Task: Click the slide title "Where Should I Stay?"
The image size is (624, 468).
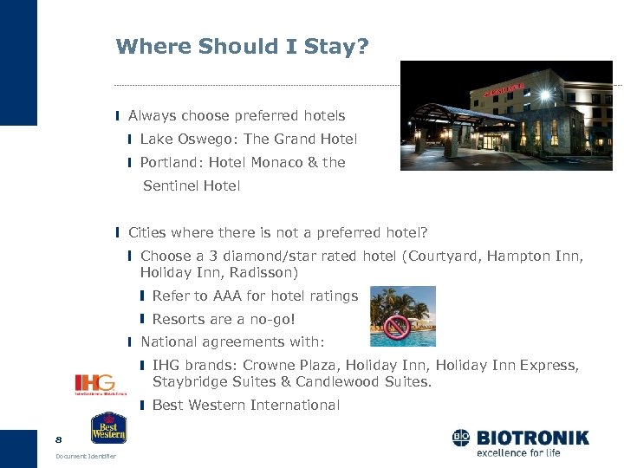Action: tap(242, 46)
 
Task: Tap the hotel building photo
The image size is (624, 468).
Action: tap(505, 115)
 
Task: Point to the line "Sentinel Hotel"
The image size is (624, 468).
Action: tap(191, 185)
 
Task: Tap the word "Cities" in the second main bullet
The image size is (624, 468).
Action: tap(148, 232)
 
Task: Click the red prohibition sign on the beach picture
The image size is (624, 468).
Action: tap(397, 327)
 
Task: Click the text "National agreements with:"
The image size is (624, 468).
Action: tap(232, 342)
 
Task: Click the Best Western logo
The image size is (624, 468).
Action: tap(109, 428)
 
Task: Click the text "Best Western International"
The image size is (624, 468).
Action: tap(245, 405)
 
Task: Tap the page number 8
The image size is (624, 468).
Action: tap(59, 439)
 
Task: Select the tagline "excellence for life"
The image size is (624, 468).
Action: tap(518, 452)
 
